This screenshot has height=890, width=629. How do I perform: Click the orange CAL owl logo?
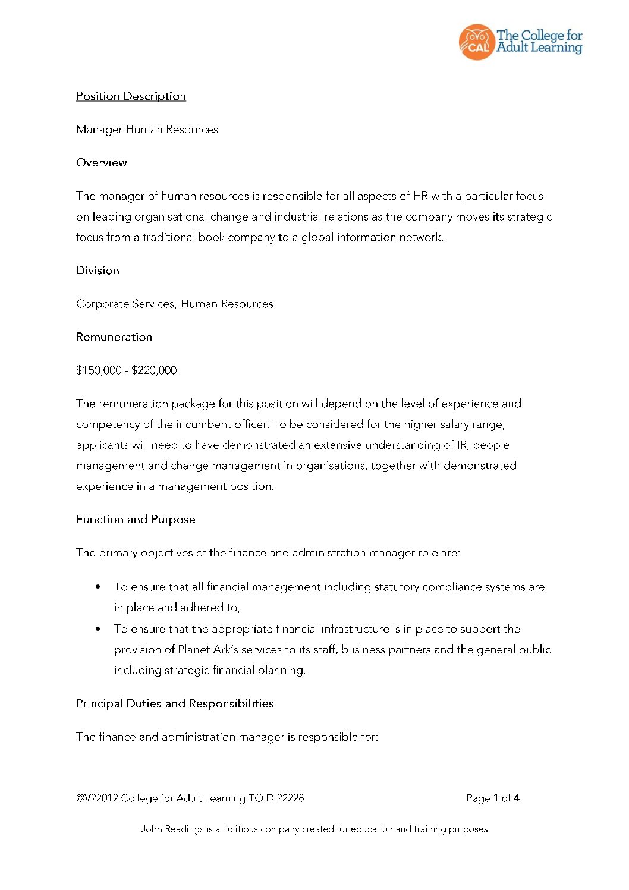(x=476, y=42)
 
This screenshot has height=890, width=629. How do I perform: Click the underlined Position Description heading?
(x=131, y=96)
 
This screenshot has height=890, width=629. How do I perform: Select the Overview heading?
(x=102, y=163)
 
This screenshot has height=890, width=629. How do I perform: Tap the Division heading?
(x=98, y=271)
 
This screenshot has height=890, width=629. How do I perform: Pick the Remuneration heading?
(x=114, y=337)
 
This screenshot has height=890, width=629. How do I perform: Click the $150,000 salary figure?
(x=99, y=370)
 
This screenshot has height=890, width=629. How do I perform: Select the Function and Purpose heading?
(x=136, y=520)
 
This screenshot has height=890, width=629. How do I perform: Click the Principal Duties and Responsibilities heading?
(x=175, y=704)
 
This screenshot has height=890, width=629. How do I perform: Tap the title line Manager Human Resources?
(x=147, y=130)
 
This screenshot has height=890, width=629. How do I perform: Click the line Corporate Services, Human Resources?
(x=174, y=304)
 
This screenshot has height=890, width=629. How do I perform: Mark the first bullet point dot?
(x=98, y=587)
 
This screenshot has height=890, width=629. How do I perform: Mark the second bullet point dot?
(x=98, y=628)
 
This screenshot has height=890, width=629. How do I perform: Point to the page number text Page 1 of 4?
(x=493, y=798)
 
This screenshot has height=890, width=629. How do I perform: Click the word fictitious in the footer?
(x=240, y=829)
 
